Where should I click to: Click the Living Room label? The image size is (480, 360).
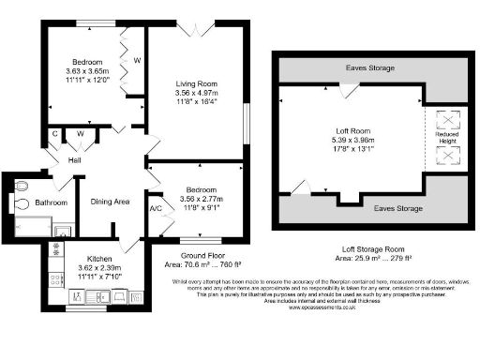[197, 82]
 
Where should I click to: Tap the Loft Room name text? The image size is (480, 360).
[354, 130]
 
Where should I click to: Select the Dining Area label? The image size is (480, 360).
[109, 202]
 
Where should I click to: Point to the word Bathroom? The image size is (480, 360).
[52, 202]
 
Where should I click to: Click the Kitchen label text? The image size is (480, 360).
[101, 258]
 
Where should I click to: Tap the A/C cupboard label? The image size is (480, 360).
[155, 208]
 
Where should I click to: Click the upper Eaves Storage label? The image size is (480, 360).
[367, 68]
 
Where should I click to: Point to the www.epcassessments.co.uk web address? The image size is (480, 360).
[326, 307]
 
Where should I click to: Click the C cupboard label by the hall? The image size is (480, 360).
[55, 133]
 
